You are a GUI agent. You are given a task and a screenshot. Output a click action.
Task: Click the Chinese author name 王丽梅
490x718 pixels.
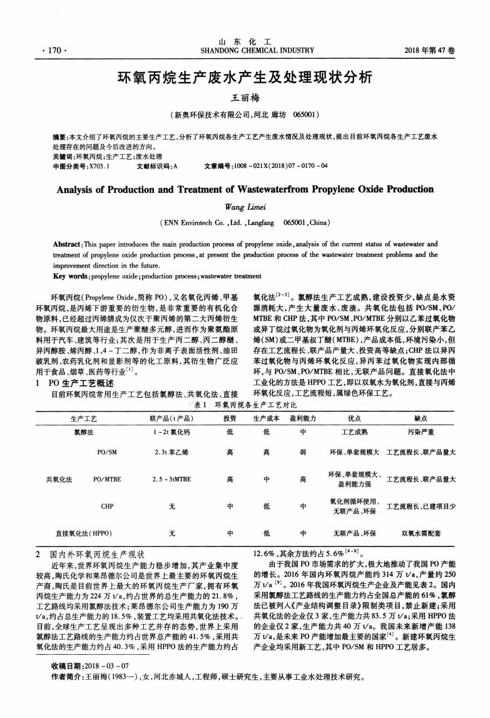point(245,98)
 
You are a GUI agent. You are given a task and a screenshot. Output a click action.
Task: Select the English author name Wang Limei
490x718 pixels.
point(245,206)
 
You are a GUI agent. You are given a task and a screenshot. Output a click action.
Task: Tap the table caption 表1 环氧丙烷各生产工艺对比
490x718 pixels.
point(245,405)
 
